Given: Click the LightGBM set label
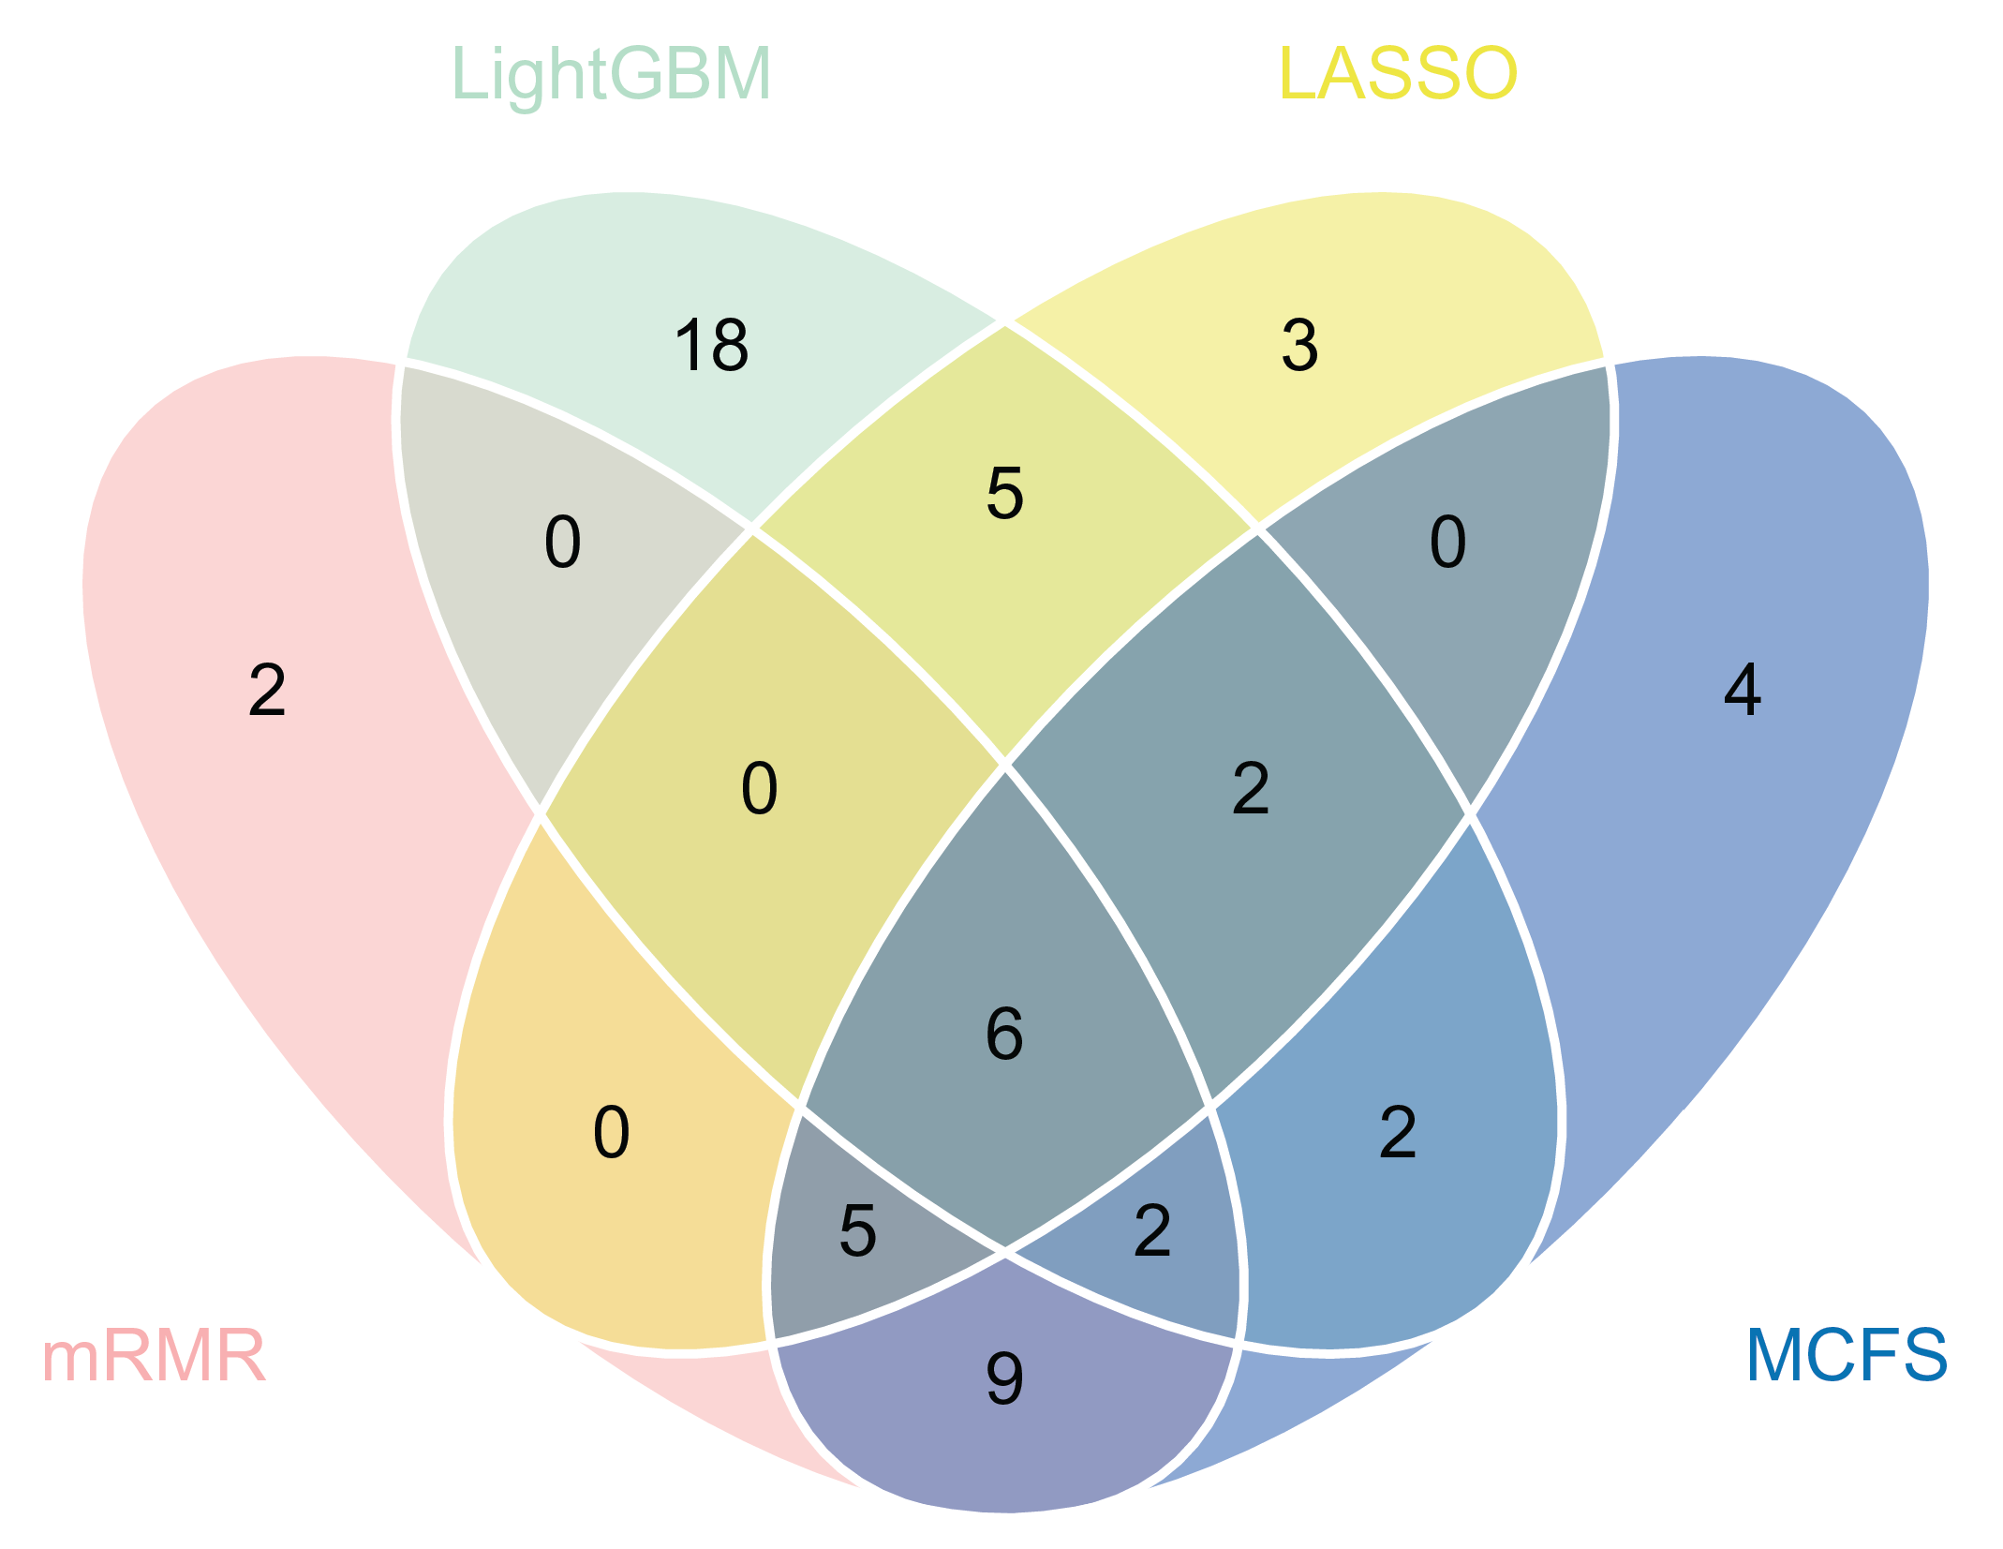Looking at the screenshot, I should (611, 74).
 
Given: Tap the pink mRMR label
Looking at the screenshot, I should (155, 1356).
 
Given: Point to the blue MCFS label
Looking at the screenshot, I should (1847, 1356).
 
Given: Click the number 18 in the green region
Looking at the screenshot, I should (711, 346).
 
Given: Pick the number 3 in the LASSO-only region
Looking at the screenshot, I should (1299, 346).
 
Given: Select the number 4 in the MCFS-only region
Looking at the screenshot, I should (1743, 691).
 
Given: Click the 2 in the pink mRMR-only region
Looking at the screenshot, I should (267, 691).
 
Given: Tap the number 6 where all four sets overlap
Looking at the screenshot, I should (1004, 1035).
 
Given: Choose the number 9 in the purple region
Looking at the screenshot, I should (1004, 1379).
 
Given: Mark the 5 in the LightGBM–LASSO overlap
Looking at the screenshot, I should (1004, 493).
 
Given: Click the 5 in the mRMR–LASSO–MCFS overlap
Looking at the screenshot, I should (857, 1230).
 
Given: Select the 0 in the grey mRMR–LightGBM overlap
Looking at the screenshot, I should (562, 543).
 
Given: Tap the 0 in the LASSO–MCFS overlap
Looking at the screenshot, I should (1447, 543).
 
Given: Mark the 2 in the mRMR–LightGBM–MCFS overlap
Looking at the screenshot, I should (1152, 1230).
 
